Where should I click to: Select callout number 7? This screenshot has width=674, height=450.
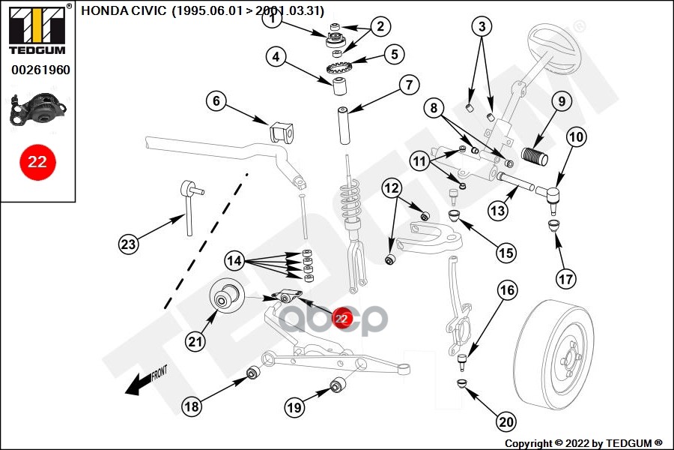[x=408, y=85]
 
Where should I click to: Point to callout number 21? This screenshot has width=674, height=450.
[x=195, y=342]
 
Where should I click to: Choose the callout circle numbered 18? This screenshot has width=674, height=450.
[x=192, y=406]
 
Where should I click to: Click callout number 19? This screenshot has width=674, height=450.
[x=294, y=407]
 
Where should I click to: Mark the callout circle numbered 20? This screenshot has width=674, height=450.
[x=506, y=421]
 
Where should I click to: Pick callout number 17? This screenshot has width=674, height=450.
[x=566, y=279]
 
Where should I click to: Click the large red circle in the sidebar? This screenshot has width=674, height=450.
[x=37, y=161]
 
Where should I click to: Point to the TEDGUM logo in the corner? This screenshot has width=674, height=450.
[x=37, y=29]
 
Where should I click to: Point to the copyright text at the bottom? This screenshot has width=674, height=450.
[x=583, y=443]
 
